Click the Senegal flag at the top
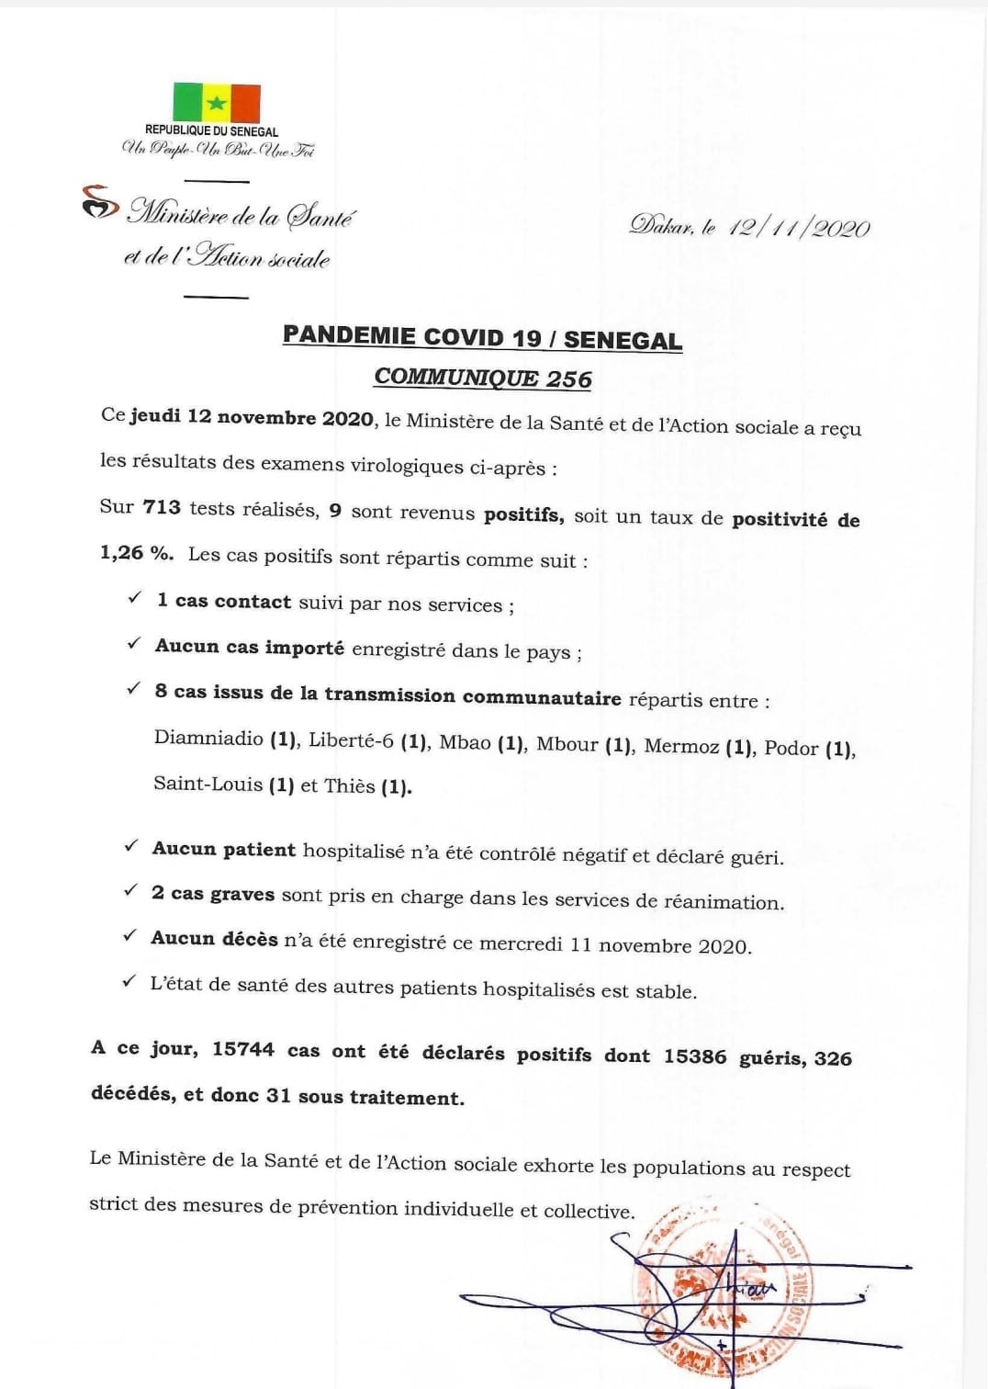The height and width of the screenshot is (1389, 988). coord(217,103)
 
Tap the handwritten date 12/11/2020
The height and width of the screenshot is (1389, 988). coord(799,228)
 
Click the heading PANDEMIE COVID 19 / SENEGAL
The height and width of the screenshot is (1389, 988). coord(482,337)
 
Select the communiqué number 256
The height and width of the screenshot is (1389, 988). coord(569,378)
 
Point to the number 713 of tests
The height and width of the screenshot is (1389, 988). coord(162,506)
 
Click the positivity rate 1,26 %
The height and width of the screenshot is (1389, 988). coord(136,553)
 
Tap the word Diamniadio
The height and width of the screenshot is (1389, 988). coord(208,738)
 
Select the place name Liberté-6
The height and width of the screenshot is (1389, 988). coord(351,740)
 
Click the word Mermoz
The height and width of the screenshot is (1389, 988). coord(681,746)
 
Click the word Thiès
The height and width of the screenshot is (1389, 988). coord(350,786)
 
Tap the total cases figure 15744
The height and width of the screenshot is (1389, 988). coord(243,1049)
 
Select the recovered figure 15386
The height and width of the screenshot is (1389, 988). coord(695,1056)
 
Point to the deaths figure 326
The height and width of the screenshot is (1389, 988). coord(833,1058)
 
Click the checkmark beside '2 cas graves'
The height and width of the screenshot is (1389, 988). coord(131,891)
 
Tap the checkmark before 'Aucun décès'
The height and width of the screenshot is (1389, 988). coord(130,936)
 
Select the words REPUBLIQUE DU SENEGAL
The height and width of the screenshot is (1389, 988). coord(211,131)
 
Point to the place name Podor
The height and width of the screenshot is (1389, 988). coord(791,748)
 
